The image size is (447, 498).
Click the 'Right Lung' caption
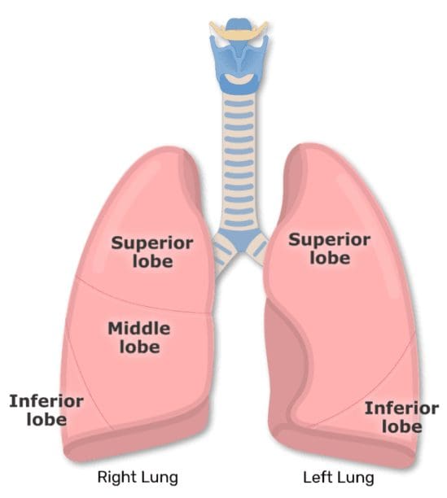pyautogui.click(x=138, y=478)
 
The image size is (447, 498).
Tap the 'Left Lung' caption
pyautogui.click(x=339, y=478)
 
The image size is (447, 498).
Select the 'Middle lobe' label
pyautogui.click(x=139, y=338)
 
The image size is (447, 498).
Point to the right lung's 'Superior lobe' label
pyautogui.click(x=152, y=252)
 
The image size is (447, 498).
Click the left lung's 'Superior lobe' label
pyautogui.click(x=330, y=249)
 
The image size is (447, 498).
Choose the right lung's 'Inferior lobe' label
pyautogui.click(x=46, y=410)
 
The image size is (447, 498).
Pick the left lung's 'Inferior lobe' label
pyautogui.click(x=401, y=417)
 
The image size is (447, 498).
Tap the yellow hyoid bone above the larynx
pyautogui.click(x=239, y=30)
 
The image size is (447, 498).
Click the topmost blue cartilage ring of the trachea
pyautogui.click(x=239, y=103)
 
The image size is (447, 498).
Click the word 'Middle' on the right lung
pyautogui.click(x=139, y=329)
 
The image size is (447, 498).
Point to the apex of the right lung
pyautogui.click(x=173, y=148)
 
